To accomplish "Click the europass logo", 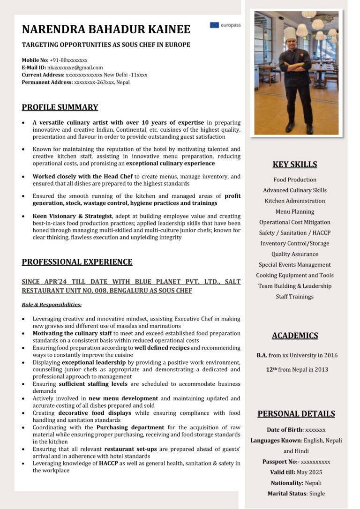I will [225, 25].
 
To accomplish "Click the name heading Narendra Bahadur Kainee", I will [106, 29].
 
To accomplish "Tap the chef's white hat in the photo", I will [290, 33].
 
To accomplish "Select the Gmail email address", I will [75, 67].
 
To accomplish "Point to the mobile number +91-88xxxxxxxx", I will [68, 60].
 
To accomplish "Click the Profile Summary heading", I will [60, 107].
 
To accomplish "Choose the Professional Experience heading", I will [77, 262].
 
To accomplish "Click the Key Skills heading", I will [295, 164].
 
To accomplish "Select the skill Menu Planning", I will [295, 211].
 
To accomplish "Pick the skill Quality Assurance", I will [295, 254].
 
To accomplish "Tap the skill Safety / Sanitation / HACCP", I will [295, 232].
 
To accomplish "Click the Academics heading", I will [295, 335].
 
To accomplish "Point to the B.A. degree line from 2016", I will [297, 355].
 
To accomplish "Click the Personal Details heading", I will [296, 413].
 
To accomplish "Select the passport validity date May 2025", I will [309, 472].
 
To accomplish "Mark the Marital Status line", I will [296, 493].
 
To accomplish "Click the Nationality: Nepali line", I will [296, 483].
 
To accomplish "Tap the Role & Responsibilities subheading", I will [52, 304].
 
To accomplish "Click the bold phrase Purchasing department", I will [130, 427].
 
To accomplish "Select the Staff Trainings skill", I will [295, 297].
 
